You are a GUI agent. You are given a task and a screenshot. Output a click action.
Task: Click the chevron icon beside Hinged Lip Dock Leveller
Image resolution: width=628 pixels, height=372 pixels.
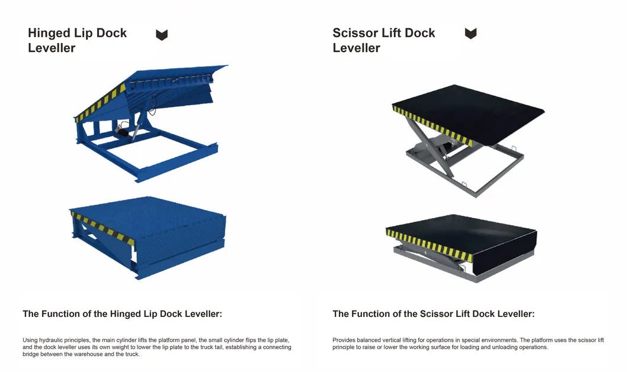[162, 35]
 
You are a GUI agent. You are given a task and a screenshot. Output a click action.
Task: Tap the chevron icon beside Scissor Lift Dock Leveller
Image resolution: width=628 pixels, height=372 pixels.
[470, 34]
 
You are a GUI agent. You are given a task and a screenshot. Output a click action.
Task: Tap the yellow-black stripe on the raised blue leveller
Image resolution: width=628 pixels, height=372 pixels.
[101, 103]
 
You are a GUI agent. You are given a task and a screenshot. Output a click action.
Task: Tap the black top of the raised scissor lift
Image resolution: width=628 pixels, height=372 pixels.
[474, 109]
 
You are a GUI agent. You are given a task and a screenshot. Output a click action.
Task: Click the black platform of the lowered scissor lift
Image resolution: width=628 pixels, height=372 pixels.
[462, 228]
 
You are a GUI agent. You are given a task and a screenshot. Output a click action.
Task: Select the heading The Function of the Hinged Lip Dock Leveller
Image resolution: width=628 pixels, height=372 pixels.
[122, 314]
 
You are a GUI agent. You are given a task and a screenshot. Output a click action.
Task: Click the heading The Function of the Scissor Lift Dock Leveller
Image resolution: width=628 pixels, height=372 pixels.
[433, 314]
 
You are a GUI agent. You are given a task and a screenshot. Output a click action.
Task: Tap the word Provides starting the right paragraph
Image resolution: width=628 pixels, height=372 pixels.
[344, 340]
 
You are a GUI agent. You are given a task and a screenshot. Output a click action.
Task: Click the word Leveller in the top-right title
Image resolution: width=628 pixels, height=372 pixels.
[356, 48]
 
